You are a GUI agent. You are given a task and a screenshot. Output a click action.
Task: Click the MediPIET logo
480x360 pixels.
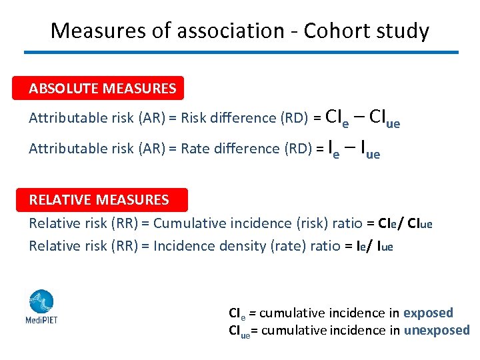coord(41,307)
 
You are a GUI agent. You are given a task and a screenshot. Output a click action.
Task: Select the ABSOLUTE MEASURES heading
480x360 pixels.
coord(103,88)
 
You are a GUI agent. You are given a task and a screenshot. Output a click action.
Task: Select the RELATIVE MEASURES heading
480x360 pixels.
coord(99,199)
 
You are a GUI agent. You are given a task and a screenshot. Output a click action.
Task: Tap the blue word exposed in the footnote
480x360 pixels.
coord(428,313)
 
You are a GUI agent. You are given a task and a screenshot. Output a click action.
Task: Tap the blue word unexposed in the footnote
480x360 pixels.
coord(437,330)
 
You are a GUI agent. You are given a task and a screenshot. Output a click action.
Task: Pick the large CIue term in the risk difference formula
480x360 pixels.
coord(384,118)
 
